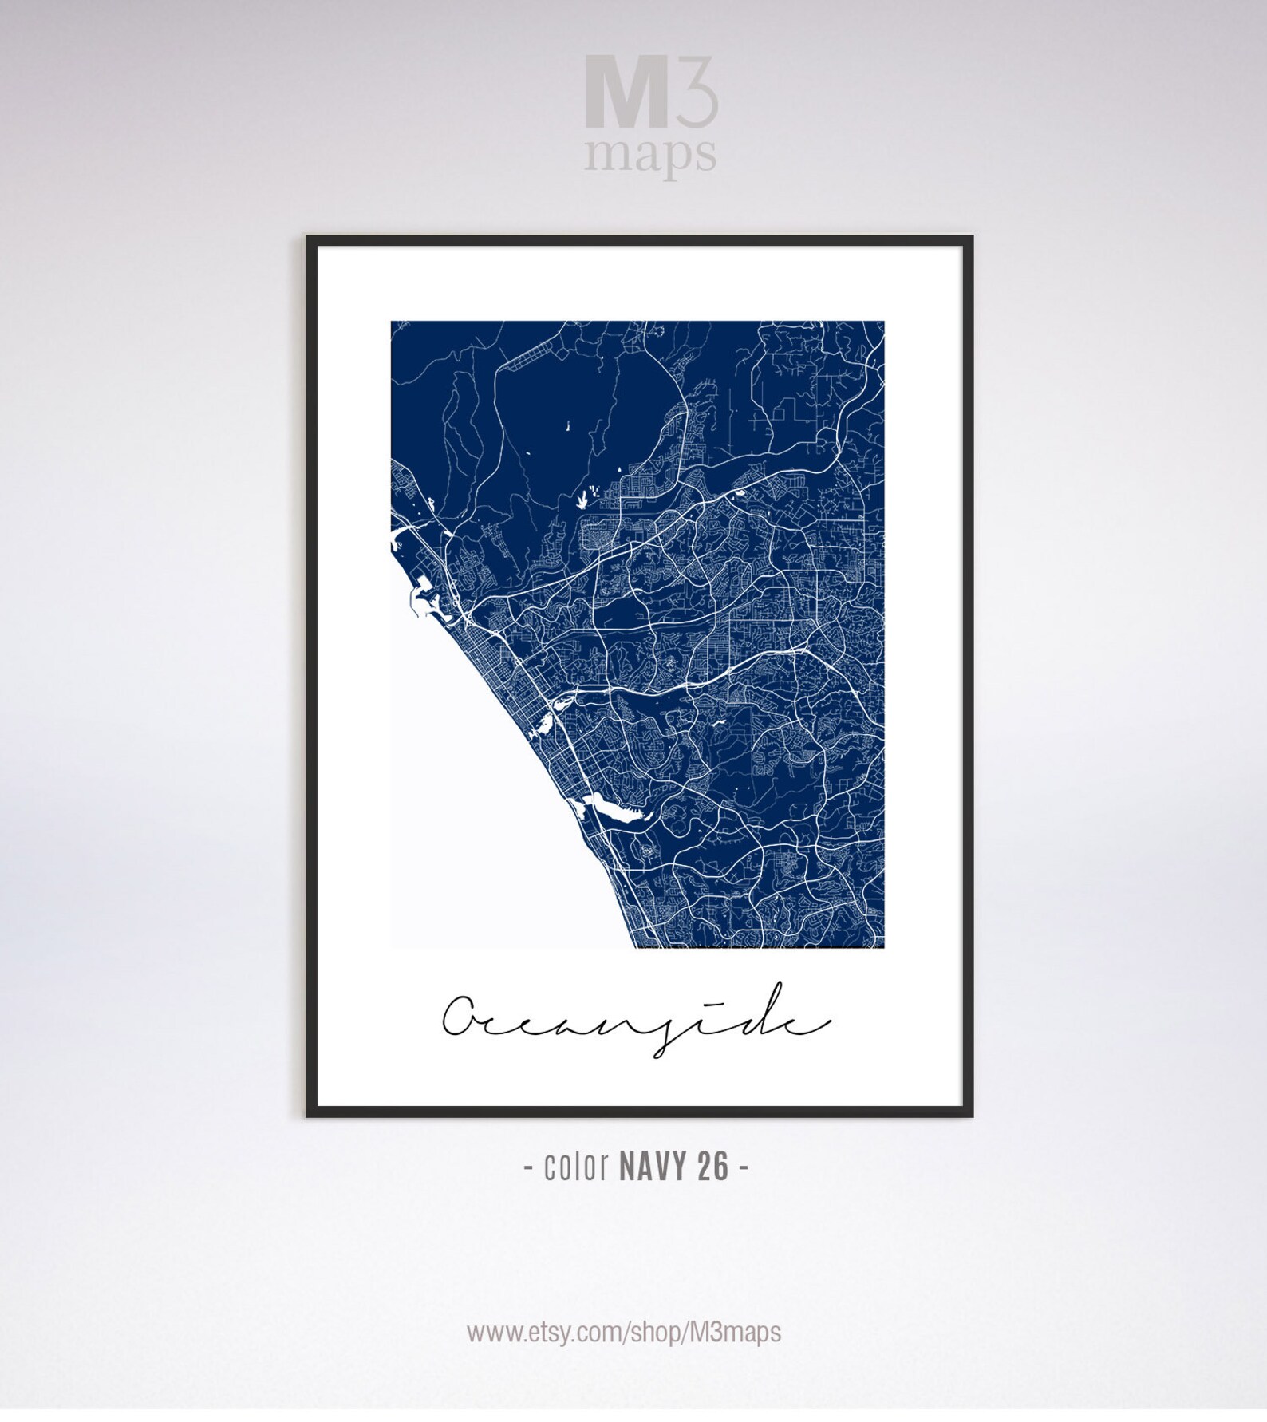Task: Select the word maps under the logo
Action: coord(649,155)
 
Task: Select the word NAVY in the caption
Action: coord(653,1167)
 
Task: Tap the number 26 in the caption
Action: coord(712,1167)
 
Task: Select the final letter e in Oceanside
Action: coord(807,1023)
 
